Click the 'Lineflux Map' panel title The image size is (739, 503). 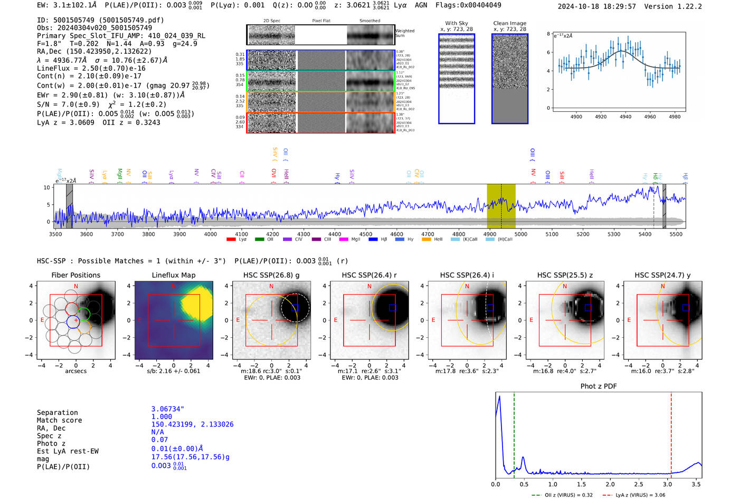[173, 275]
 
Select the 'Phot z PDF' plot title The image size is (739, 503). [599, 386]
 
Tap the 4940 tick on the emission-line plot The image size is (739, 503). [626, 117]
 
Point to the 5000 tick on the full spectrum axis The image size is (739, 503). [521, 234]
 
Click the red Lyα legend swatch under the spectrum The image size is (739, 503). [231, 240]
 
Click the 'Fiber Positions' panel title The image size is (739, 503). [75, 275]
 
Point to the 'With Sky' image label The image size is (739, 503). [457, 23]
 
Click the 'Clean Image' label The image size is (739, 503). [509, 23]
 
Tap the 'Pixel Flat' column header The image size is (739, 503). [321, 21]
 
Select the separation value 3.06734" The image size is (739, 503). [168, 409]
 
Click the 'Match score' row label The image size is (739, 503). [60, 420]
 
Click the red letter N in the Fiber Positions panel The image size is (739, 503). [76, 287]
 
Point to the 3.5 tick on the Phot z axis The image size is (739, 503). [696, 484]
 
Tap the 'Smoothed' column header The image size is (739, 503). [369, 21]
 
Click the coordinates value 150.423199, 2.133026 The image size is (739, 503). [192, 424]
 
